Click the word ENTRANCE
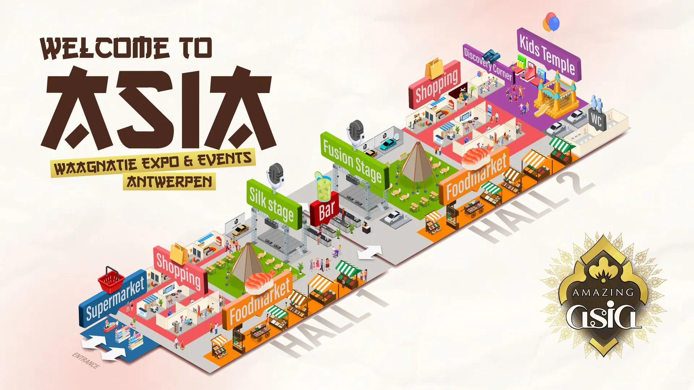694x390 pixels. pyautogui.click(x=86, y=360)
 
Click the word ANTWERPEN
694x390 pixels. pyautogui.click(x=169, y=182)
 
